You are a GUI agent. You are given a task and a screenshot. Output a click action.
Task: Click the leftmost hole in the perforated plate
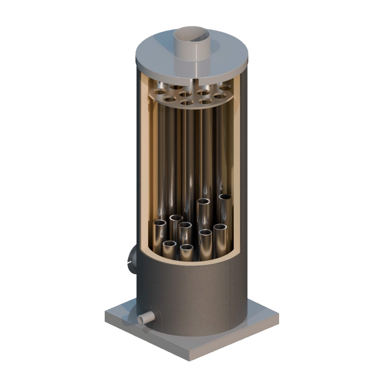[157, 92]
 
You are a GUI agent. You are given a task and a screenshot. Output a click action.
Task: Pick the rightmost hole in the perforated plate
[226, 88]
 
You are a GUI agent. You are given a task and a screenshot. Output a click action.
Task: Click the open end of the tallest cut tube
[225, 197]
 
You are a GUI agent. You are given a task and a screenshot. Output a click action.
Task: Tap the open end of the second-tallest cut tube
[204, 201]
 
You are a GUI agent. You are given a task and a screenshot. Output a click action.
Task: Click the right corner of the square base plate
[277, 318]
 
